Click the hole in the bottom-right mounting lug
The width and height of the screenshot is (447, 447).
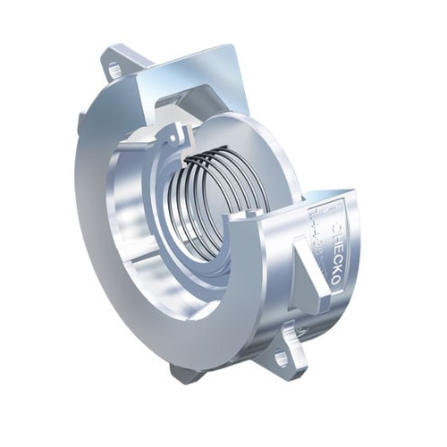click(282, 358)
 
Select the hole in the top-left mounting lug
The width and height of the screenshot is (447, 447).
click(114, 69)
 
